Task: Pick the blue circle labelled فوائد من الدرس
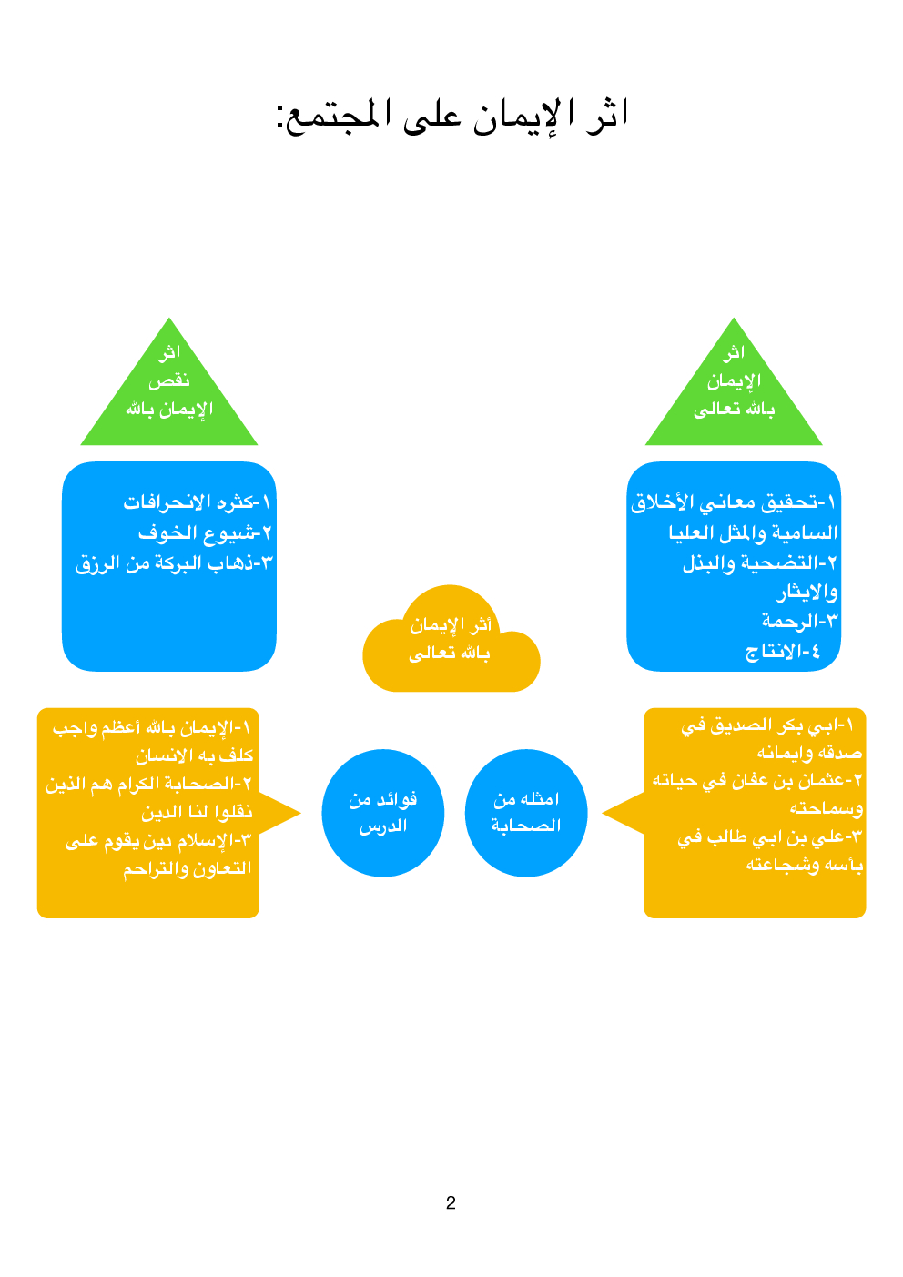point(383,813)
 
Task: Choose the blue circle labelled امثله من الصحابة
point(526,813)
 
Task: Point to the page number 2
point(451,1203)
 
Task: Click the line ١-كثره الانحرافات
point(197,502)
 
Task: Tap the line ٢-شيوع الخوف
point(205,532)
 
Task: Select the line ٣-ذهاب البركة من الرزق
point(174,563)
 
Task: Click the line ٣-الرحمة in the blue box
point(799,622)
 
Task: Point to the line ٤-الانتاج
point(783,652)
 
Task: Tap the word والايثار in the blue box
point(807,593)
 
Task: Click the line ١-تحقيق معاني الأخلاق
point(733,502)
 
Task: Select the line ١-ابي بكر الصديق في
point(766,725)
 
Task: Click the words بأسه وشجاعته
point(804,865)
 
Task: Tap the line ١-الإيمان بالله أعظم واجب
point(151,728)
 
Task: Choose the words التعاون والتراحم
point(187,868)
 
